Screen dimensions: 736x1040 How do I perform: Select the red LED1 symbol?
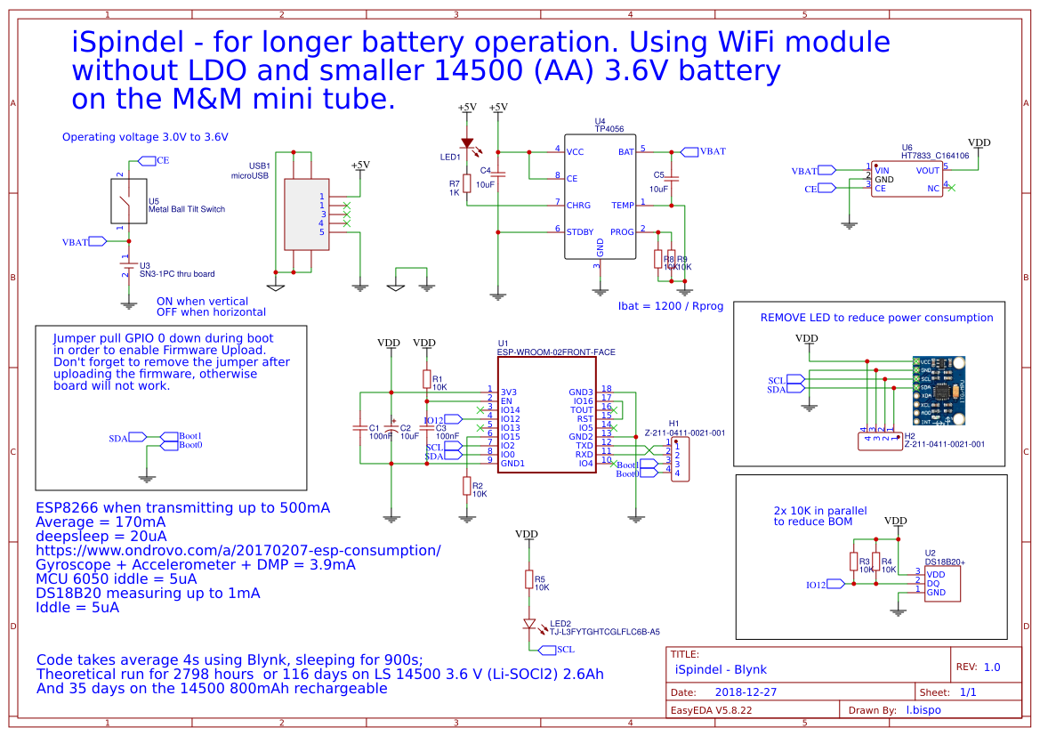466,142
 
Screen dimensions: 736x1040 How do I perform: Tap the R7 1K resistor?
466,183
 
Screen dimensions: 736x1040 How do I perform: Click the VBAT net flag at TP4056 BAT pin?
703,151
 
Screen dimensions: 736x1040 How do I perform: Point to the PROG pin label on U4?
622,231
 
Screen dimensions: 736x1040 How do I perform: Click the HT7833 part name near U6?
916,155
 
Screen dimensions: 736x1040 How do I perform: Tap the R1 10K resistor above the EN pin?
427,379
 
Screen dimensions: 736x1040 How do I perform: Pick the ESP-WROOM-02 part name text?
556,352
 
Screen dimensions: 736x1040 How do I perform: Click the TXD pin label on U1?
584,445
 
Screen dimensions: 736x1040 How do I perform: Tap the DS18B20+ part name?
945,562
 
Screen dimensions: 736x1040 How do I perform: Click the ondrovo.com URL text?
238,550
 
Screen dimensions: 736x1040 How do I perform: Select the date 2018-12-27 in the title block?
746,692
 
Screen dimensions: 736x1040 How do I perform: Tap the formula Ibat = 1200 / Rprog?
671,306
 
